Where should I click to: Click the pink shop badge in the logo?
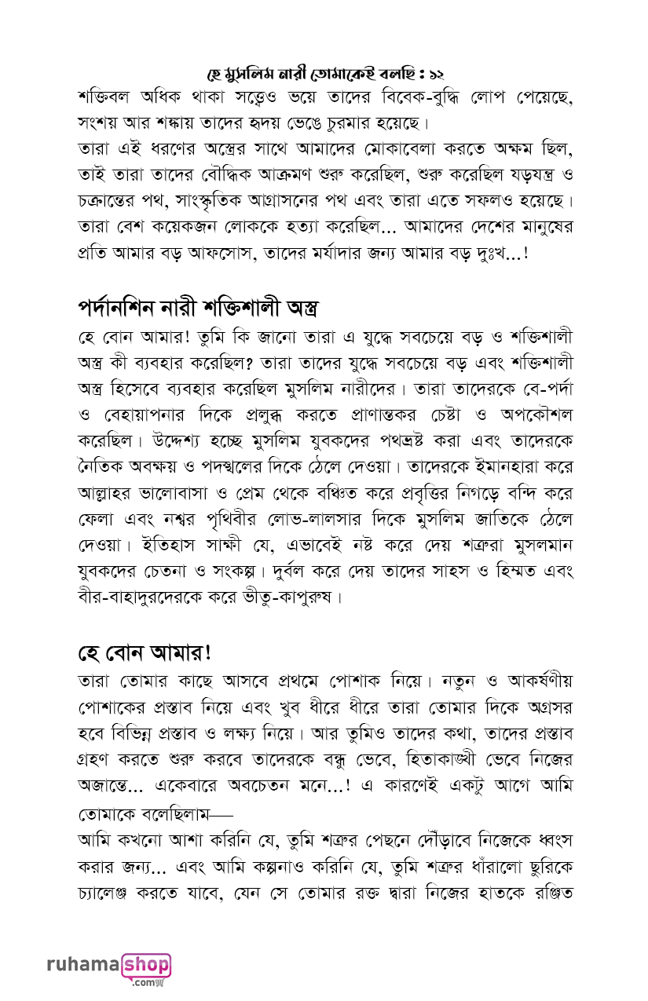click(x=145, y=965)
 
